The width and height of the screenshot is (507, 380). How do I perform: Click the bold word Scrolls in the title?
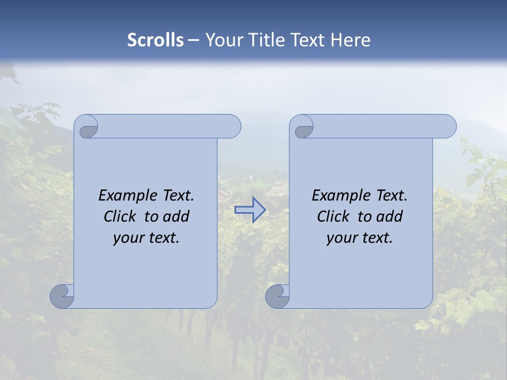[x=156, y=40]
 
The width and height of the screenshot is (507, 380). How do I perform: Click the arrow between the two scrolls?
[x=250, y=210]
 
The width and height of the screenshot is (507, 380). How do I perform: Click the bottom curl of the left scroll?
[x=61, y=296]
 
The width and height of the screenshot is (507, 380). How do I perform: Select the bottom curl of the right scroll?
[x=277, y=296]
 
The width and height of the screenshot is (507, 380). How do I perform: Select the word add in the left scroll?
[x=176, y=216]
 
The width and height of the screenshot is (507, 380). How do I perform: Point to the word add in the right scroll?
[x=390, y=216]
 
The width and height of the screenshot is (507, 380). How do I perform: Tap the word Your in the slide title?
[x=221, y=40]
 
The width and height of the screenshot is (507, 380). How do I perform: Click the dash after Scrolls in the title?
[x=194, y=40]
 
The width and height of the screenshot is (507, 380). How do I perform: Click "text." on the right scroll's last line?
[x=377, y=238]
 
